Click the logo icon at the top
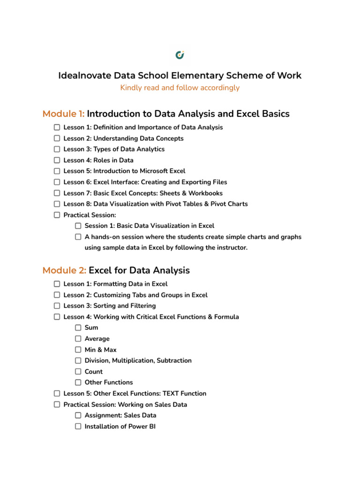180,55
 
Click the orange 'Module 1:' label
63,114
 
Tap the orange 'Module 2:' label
64,270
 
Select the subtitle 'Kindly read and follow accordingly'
180,88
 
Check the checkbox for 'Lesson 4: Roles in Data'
57,160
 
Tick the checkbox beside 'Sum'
78,328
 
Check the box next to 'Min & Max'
78,350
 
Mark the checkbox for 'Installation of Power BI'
78,427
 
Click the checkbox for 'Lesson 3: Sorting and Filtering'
57,306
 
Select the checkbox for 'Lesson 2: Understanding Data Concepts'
57,138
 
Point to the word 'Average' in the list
97,339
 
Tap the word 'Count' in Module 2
94,372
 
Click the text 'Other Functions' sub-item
109,382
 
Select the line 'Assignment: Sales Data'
120,415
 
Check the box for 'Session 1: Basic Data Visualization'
78,226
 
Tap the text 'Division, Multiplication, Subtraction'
138,360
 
